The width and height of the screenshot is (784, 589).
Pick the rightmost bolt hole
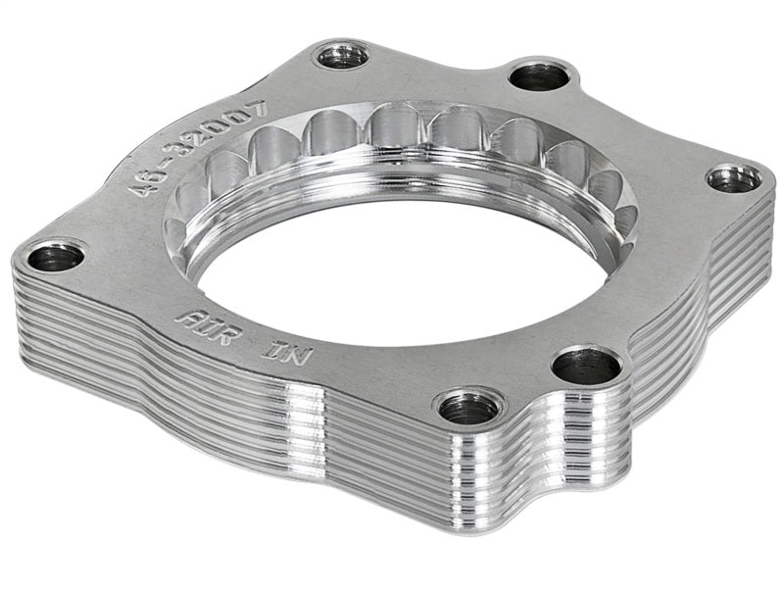pyautogui.click(x=734, y=178)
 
